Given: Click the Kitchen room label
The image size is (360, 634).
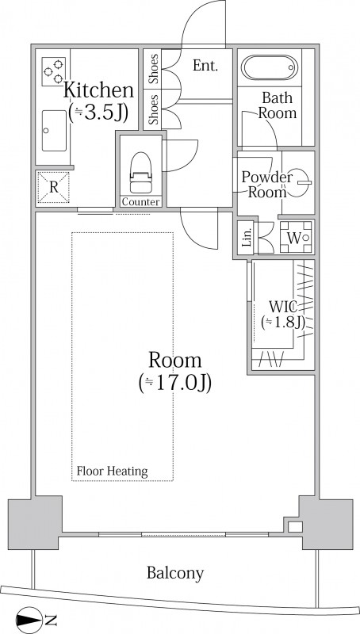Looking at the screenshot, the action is pos(98,90).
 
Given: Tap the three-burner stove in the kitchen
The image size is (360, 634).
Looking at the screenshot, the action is pos(54,71).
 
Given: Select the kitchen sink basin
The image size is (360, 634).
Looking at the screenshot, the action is pos(54,131).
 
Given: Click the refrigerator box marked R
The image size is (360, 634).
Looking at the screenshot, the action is pos(53,187).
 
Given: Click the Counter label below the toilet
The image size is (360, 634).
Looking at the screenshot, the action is pos(141,202).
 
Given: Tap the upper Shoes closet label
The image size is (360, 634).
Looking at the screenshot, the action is pos(153,69).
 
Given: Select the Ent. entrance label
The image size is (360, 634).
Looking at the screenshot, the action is pos(205,66).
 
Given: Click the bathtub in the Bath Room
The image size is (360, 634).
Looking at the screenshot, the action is pos(270,67).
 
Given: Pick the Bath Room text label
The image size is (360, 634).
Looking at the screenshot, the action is pos(278,105).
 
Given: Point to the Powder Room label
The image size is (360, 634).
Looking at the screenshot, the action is pos(267,185).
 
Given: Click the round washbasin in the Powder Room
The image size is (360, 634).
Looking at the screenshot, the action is pos(299,182).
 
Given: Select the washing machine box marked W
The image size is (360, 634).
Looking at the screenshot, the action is pos(296,238).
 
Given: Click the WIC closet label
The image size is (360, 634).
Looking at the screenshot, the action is pos(283,307).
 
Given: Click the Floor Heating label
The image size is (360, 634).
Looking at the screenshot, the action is pos(112,471).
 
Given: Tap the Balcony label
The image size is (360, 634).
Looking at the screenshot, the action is pos(175,572).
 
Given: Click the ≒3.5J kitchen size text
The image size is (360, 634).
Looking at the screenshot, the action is pos(98,113).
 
